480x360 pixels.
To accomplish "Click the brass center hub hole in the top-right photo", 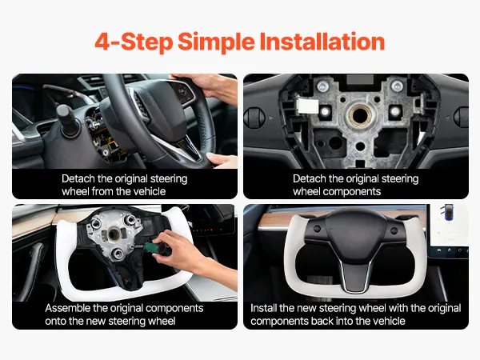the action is click(360, 115).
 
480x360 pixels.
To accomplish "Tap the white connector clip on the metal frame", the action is click(308, 106).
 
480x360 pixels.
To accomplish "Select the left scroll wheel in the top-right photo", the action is click(254, 118).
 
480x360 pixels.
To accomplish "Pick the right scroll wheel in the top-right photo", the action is click(462, 117).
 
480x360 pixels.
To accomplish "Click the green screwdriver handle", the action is click(153, 247).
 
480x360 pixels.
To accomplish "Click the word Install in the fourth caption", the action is click(263, 308).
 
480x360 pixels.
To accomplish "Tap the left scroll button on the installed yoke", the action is click(317, 229).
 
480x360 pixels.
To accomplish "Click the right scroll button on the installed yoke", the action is click(394, 230).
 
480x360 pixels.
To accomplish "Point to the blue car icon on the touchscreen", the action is click(448, 212).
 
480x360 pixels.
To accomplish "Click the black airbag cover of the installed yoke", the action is click(355, 236).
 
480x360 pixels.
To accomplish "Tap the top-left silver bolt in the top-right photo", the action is click(323, 87).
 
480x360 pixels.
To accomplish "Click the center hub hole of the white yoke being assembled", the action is click(114, 234).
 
